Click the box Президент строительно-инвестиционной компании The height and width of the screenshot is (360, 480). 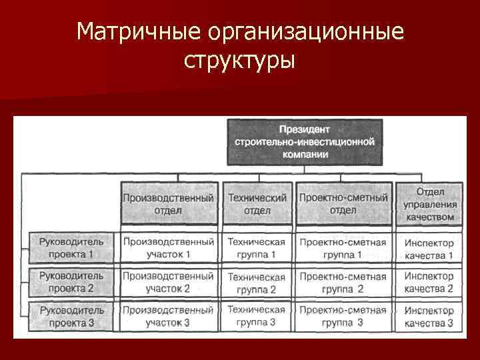pyautogui.click(x=305, y=142)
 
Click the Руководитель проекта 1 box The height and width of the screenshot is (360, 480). pyautogui.click(x=71, y=247)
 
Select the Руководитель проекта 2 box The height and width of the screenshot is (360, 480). pyautogui.click(x=71, y=282)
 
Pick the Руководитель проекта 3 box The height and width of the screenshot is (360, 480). pyautogui.click(x=71, y=317)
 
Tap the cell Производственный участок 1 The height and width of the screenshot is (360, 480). pyautogui.click(x=169, y=247)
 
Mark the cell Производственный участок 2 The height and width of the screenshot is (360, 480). pyautogui.click(x=169, y=282)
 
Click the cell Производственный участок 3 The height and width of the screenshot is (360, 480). pyautogui.click(x=169, y=317)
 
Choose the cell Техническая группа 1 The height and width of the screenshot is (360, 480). pyautogui.click(x=257, y=247)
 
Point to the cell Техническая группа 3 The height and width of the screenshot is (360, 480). pyautogui.click(x=257, y=317)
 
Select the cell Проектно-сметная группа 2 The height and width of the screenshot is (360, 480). pyautogui.click(x=343, y=282)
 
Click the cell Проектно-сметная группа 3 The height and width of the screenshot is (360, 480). pyautogui.click(x=343, y=317)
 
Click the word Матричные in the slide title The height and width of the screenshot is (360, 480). pyautogui.click(x=138, y=32)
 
